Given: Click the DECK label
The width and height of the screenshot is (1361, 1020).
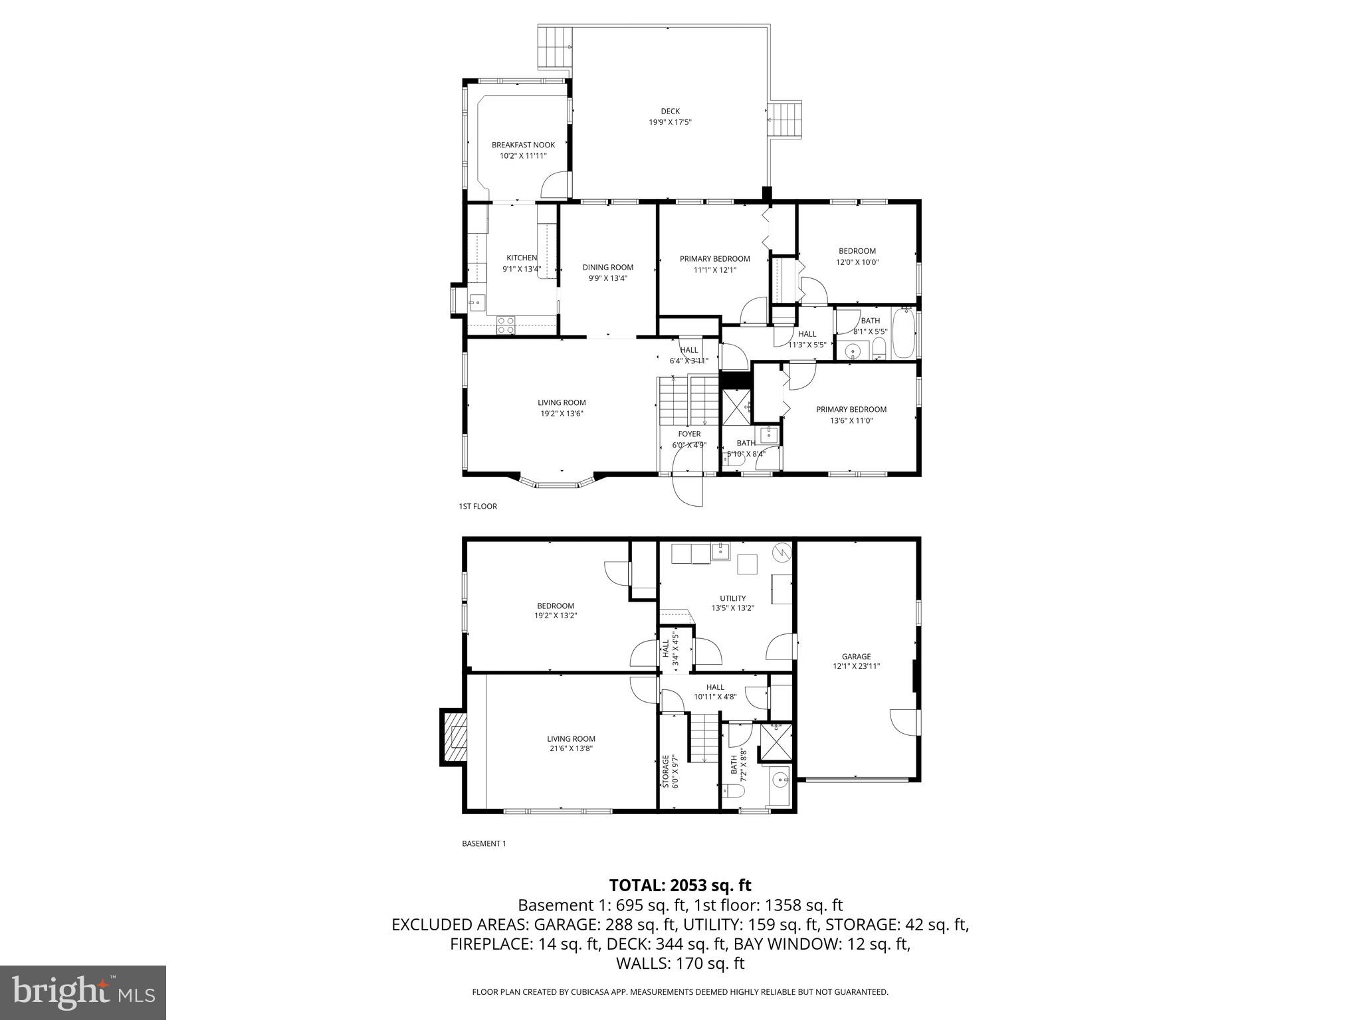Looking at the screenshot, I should (670, 112).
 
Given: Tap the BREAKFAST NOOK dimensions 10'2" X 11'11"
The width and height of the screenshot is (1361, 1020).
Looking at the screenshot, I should (523, 156).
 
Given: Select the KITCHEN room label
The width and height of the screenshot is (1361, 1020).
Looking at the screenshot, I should (522, 258).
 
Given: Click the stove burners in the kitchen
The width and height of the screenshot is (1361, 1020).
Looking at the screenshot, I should (506, 325).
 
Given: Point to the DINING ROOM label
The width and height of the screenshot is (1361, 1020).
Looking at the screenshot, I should (607, 268).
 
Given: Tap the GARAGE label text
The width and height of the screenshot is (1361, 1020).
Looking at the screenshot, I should (856, 657).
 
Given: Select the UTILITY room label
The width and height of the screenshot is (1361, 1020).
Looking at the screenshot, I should (732, 598).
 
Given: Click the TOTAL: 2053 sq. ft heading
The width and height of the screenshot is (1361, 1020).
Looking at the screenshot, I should (680, 885).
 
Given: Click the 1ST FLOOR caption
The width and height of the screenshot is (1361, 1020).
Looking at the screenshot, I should (477, 507).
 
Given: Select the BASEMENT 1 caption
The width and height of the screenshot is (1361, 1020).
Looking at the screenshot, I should (484, 844).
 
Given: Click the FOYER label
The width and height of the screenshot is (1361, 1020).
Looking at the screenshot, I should (689, 434).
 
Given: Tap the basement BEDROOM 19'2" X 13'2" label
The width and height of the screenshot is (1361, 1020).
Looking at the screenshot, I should (555, 606).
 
